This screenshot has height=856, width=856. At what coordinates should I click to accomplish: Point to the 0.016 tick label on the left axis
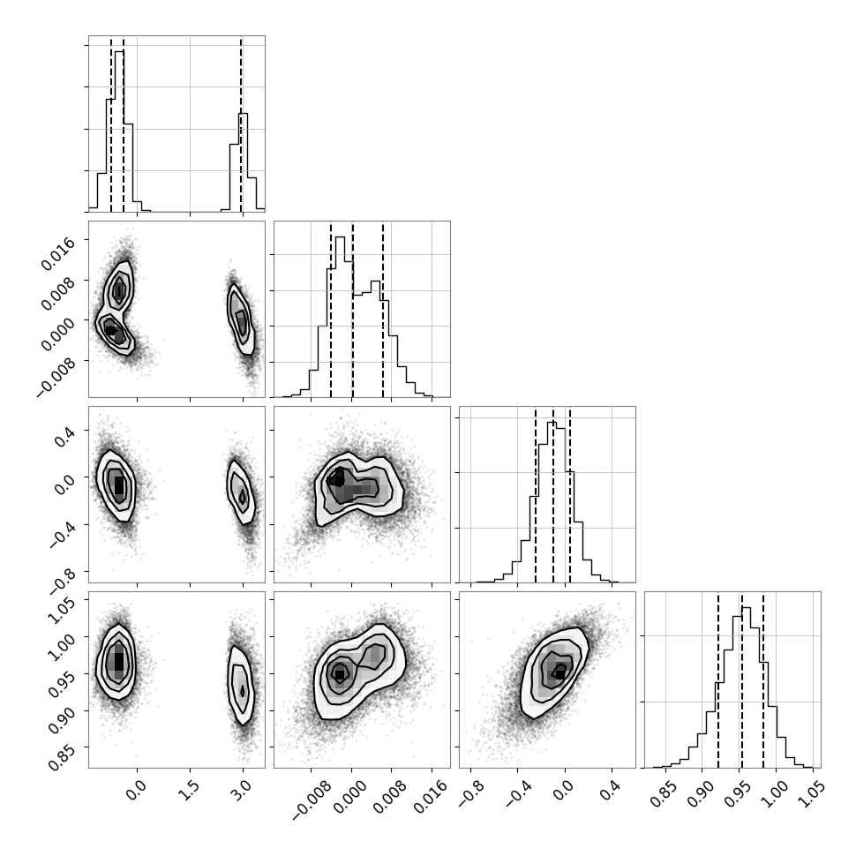[x=57, y=253]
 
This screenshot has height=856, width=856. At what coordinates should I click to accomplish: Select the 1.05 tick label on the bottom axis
[x=811, y=793]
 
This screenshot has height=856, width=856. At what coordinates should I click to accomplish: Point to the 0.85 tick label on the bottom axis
[x=664, y=793]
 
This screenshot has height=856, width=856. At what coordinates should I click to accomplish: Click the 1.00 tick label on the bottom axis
[x=774, y=793]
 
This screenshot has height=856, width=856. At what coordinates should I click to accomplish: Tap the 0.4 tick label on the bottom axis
[x=612, y=791]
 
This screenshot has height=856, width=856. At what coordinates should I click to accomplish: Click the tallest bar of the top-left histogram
[x=119, y=131]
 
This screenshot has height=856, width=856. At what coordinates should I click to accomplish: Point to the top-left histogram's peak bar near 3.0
[x=243, y=162]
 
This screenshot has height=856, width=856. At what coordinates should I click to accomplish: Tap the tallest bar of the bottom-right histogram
[x=746, y=687]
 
